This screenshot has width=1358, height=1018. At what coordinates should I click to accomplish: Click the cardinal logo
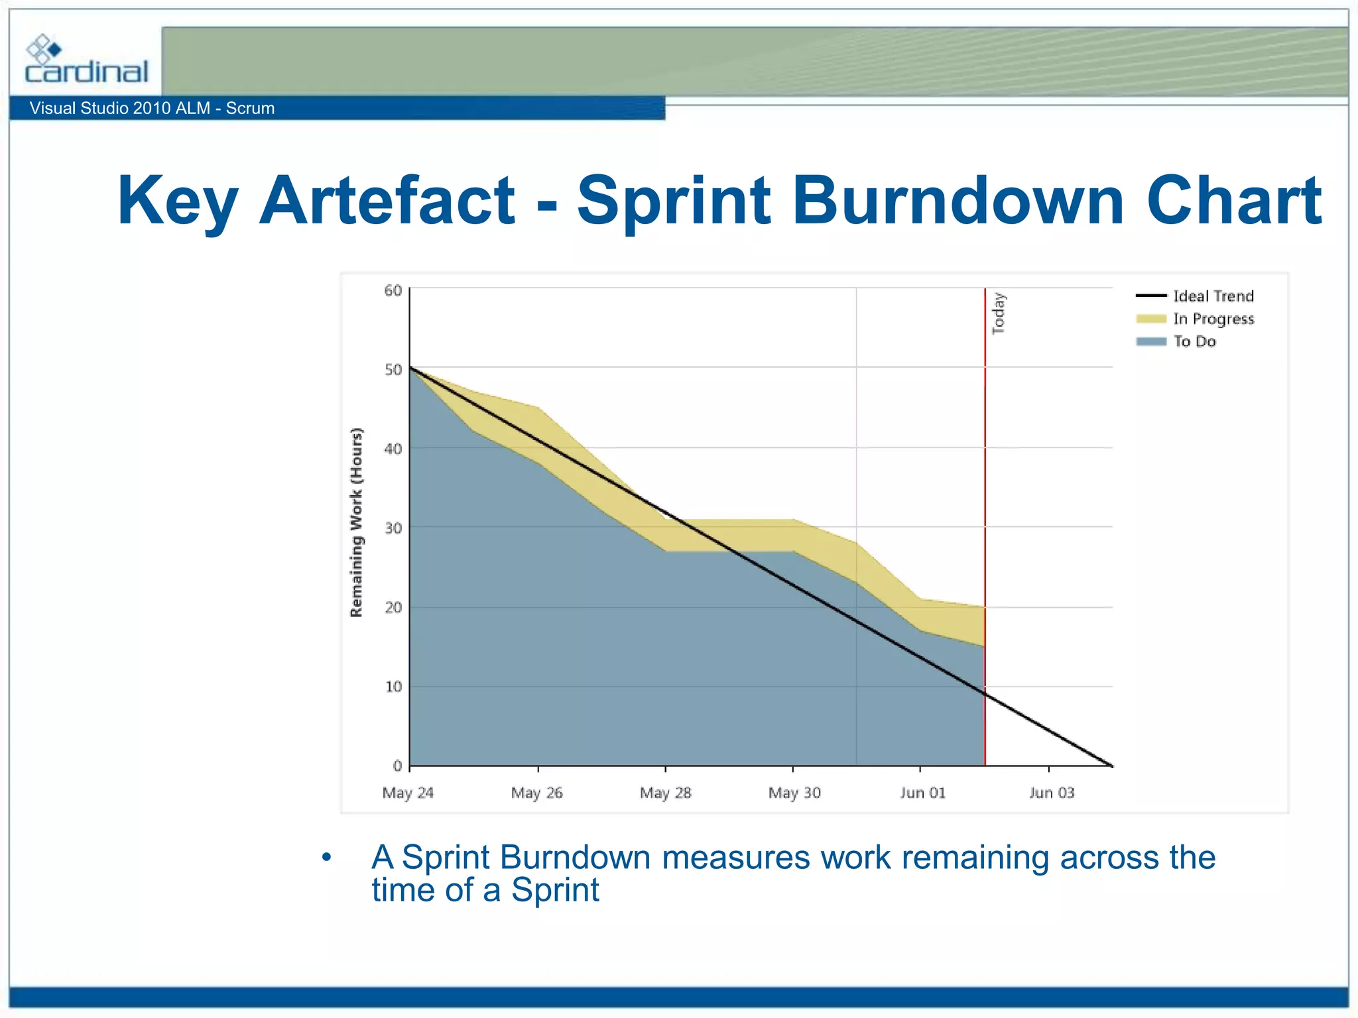tap(86, 60)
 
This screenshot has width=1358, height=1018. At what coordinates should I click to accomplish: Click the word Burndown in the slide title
tap(957, 200)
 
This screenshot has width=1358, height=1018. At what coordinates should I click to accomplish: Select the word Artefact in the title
tap(387, 200)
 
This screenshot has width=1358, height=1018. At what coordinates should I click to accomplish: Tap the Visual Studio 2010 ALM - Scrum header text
tap(152, 108)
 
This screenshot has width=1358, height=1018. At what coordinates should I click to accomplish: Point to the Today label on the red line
tap(998, 313)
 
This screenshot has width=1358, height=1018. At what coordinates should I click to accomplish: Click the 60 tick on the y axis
tap(393, 290)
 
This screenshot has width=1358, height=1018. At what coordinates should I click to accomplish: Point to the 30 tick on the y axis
tap(393, 528)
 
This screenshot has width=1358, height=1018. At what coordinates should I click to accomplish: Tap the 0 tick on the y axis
tap(397, 766)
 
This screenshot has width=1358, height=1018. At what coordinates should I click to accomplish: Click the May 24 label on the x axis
tap(408, 793)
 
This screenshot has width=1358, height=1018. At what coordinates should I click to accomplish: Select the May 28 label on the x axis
tap(665, 793)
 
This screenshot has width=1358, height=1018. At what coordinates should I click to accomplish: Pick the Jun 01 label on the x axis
tap(922, 793)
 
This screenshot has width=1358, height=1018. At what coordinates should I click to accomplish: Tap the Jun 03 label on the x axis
tap(1051, 793)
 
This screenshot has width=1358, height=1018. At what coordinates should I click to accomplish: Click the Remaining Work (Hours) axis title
tap(357, 522)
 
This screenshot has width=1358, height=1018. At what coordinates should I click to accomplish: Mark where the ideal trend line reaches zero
tap(1112, 765)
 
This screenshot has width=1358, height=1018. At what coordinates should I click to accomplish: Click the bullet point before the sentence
tap(326, 858)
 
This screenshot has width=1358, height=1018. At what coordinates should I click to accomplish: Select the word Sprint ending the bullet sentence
tap(555, 890)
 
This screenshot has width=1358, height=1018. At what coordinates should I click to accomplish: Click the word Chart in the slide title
tap(1234, 200)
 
